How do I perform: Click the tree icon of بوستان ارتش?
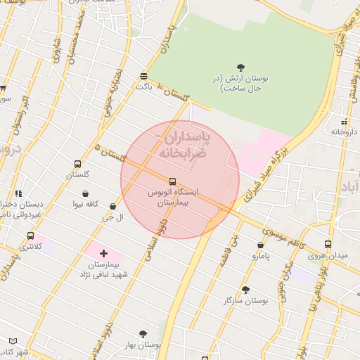241,67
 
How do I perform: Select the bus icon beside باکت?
144,76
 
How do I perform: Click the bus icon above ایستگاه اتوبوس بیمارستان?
173,181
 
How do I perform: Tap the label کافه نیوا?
84,205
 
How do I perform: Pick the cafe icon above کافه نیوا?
85,193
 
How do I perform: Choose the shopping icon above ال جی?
113,207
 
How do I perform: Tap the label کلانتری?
30,247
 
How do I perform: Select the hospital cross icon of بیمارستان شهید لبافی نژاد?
103,252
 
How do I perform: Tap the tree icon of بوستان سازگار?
245,290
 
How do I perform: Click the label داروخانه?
346,131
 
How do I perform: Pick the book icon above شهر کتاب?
13,341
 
